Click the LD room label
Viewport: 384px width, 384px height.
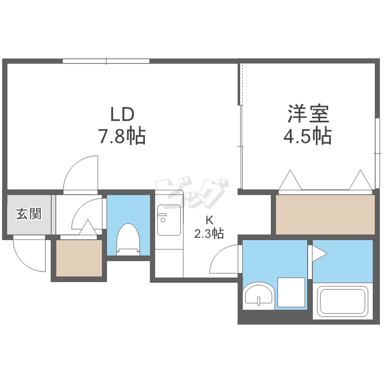122,114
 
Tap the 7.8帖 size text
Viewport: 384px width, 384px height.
122,136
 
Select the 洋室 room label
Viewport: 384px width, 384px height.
308,114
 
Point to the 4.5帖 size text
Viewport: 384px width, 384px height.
308,136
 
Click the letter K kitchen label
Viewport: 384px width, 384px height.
209,220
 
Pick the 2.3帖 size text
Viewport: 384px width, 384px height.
209,233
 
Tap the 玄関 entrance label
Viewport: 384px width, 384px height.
29,214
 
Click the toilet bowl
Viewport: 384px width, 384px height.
128,240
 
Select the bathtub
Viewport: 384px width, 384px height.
343,302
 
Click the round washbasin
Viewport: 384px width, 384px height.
259,295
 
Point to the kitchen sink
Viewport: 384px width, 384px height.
169,220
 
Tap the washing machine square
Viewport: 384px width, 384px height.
291,292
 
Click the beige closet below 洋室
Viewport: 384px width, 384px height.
325,215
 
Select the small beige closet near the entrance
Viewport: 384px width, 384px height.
79,258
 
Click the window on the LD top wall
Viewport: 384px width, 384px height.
106,61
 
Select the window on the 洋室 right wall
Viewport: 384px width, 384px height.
377,153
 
